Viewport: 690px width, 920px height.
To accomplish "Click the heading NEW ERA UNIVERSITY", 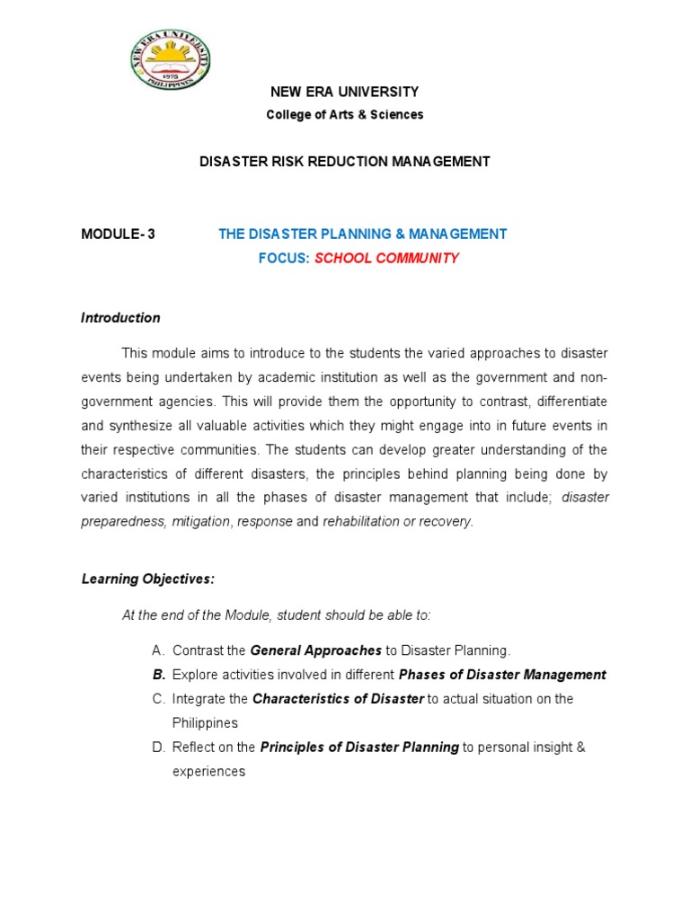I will (x=345, y=92).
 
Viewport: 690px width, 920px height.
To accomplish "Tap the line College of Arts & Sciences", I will (x=345, y=115).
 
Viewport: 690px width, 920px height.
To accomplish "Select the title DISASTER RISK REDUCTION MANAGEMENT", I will (x=344, y=162).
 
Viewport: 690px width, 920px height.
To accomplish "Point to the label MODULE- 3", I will (x=118, y=234).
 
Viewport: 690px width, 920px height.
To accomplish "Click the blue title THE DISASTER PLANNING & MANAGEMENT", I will (x=363, y=234).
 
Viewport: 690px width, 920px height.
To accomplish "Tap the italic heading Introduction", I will (x=120, y=317).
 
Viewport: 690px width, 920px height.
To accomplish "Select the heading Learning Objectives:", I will (x=148, y=579).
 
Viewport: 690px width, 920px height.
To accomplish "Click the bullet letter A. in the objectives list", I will (x=158, y=650).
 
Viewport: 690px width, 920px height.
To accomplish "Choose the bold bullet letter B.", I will (x=158, y=675).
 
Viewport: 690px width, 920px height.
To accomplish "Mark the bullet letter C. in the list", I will (x=158, y=699).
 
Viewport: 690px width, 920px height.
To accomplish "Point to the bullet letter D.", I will (x=158, y=747).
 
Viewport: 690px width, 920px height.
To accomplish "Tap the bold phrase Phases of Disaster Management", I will (x=502, y=675).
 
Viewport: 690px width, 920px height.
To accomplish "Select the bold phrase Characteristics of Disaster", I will (x=338, y=699).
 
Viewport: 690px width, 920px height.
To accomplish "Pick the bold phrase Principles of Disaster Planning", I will (x=359, y=747).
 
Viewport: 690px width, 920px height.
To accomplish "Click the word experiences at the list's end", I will (x=208, y=771).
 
